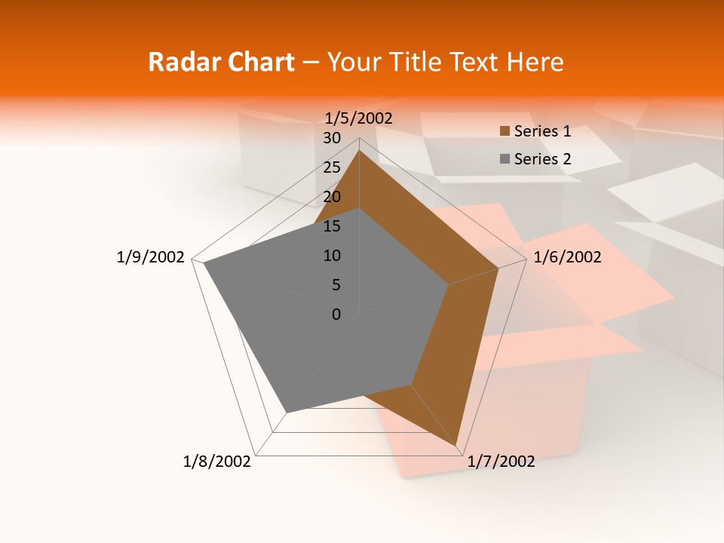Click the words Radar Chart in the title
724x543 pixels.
(221, 62)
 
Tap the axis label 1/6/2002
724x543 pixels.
(567, 257)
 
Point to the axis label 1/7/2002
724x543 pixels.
(501, 462)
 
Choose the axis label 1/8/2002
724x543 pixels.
(217, 462)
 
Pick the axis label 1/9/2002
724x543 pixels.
(150, 257)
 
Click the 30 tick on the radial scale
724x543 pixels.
(331, 138)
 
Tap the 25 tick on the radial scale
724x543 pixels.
(331, 167)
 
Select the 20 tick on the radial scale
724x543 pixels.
(331, 197)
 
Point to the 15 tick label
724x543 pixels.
(331, 226)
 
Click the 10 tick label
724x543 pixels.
(331, 256)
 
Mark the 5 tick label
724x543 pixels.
(336, 285)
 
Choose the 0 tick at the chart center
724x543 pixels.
(336, 314)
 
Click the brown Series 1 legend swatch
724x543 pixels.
(505, 131)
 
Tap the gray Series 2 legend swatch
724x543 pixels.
(505, 159)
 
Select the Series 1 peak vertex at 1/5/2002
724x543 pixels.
(359, 150)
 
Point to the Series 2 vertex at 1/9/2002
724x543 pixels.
(204, 263)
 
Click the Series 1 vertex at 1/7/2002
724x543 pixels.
(457, 446)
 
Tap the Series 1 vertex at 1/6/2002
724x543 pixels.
(499, 268)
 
